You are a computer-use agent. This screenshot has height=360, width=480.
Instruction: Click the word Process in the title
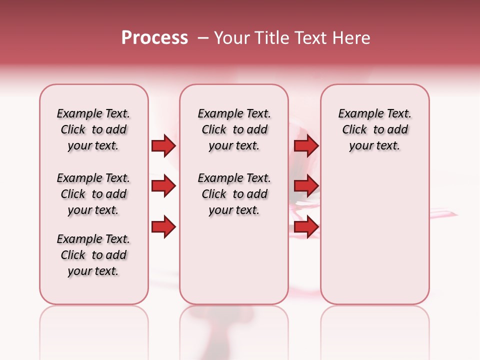tap(154, 38)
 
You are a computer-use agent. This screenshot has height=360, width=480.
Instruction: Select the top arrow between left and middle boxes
tap(163, 146)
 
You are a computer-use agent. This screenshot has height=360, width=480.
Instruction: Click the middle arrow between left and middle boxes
tap(163, 186)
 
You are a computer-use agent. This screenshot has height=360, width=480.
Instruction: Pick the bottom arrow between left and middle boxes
tap(163, 227)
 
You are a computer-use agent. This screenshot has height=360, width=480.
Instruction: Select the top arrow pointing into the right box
tap(306, 146)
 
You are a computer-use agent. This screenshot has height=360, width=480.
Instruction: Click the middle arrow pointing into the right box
tap(306, 186)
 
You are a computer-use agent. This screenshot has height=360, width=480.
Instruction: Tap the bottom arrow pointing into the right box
tap(306, 227)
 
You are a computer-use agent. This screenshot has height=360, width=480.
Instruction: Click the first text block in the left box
tap(93, 129)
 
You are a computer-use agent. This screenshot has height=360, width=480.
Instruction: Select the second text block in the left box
tap(93, 194)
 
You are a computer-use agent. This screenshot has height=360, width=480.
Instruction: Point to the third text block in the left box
tap(93, 255)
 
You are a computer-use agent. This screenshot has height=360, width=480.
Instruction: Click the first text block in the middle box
tap(234, 129)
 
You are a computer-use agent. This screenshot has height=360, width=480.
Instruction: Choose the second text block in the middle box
tap(234, 194)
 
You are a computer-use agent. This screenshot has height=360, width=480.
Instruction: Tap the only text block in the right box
tap(374, 129)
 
